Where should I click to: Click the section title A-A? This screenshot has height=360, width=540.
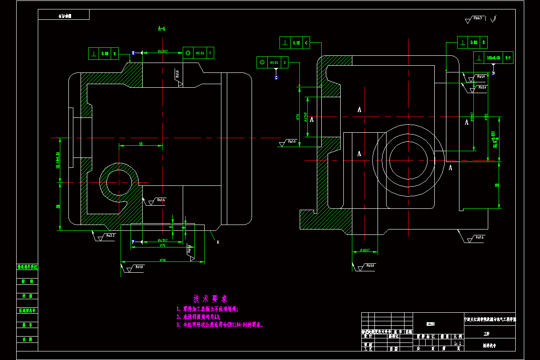(x=162, y=28)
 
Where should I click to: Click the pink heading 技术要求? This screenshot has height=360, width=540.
(x=211, y=299)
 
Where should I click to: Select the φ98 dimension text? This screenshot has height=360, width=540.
(x=163, y=259)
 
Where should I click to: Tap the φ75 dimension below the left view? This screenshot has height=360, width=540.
(x=162, y=245)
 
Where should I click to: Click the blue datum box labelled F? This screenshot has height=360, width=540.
(x=133, y=242)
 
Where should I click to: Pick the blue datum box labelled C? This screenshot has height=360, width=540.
(x=276, y=78)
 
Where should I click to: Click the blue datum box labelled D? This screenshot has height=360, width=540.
(x=493, y=73)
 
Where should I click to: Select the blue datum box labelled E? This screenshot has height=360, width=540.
(x=133, y=53)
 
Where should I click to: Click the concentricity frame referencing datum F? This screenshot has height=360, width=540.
(x=198, y=53)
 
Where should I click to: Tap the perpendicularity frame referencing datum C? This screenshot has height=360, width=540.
(x=295, y=43)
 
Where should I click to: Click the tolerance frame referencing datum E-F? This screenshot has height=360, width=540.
(x=493, y=58)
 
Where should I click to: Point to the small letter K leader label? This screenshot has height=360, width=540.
(x=218, y=242)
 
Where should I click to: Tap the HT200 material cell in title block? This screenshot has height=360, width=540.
(x=430, y=324)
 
